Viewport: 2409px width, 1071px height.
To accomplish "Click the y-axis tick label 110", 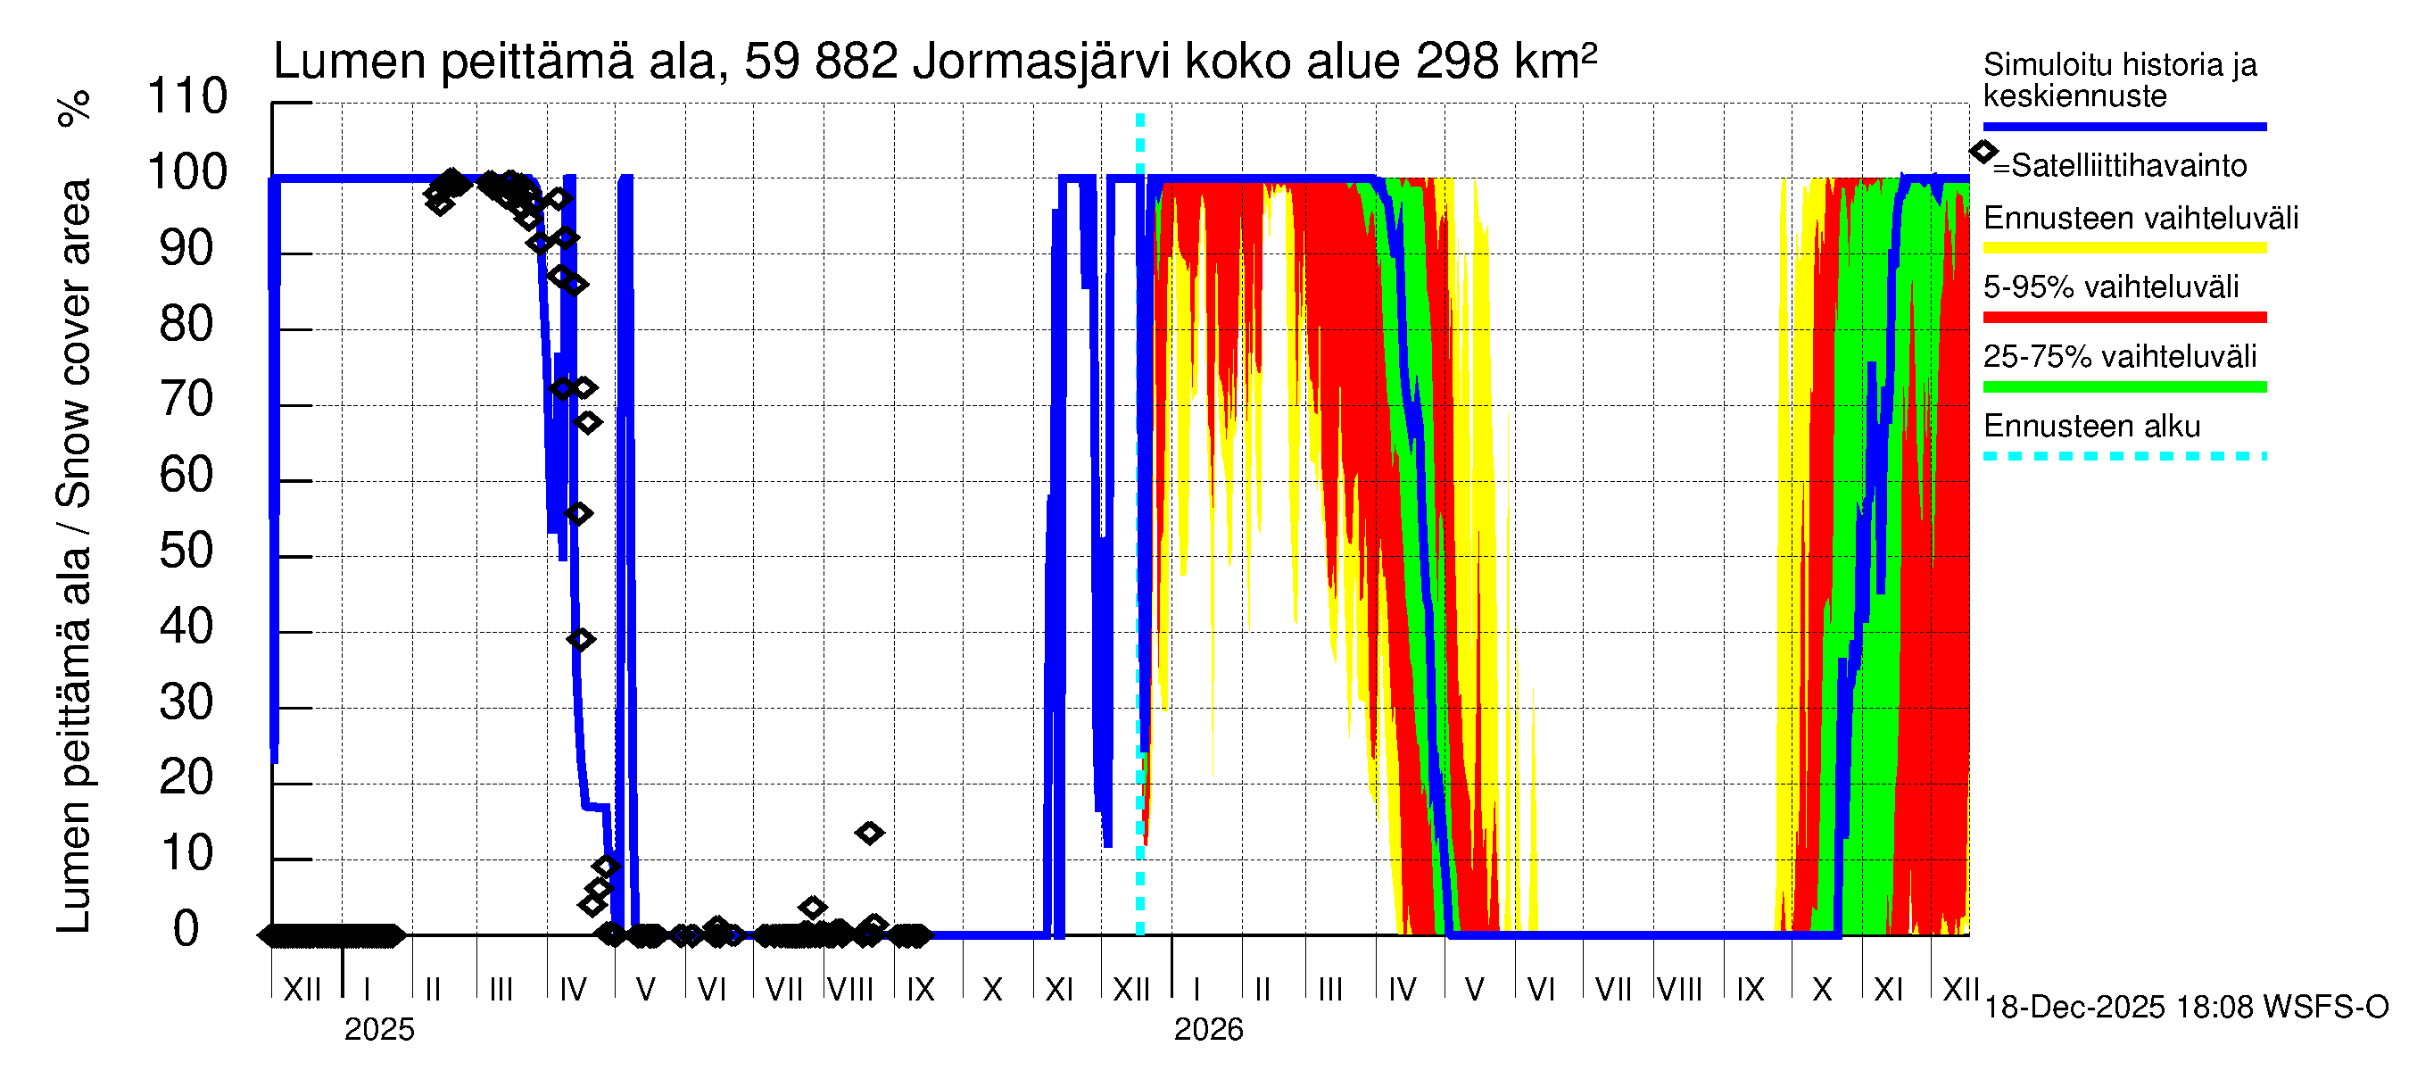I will click(x=187, y=97).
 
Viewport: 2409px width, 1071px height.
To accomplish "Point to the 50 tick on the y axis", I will click(x=186, y=552).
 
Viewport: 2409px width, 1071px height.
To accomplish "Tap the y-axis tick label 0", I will click(x=186, y=930).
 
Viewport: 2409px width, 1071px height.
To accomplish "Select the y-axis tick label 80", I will click(x=186, y=325).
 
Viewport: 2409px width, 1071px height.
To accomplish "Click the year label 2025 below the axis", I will click(x=378, y=1030).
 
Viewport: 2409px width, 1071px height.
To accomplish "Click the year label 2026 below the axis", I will click(x=1208, y=1030).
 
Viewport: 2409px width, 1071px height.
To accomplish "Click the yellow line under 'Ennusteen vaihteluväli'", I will click(x=2123, y=248).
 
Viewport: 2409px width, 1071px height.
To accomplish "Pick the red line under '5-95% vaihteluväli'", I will click(x=2123, y=317).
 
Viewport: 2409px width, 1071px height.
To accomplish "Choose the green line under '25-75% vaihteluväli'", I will click(x=2123, y=386).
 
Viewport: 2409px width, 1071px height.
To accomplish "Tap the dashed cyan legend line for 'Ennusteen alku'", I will click(x=2123, y=456).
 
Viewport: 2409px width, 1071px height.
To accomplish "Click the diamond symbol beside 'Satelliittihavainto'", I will click(x=1983, y=152).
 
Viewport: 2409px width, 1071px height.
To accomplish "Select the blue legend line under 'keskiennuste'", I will click(x=2123, y=126).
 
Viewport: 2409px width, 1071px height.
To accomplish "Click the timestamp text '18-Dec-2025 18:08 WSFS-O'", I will click(x=2185, y=1008).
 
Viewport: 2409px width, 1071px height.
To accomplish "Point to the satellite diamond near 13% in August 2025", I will click(x=870, y=833).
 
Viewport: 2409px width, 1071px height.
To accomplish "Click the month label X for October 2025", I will click(x=992, y=990).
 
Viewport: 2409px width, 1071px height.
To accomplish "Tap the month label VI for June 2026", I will click(x=1540, y=990).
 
